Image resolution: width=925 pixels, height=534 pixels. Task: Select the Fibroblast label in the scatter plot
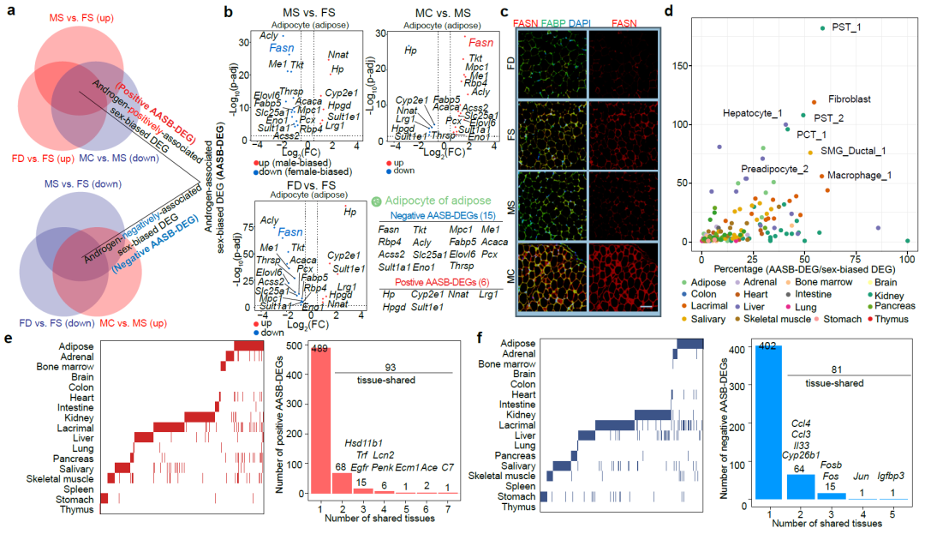[849, 99]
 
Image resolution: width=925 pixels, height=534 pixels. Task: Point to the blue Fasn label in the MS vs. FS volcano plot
[283, 49]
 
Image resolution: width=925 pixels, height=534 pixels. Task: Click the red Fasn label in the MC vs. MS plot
[480, 43]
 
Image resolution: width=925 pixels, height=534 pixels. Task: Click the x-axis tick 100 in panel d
[907, 257]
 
